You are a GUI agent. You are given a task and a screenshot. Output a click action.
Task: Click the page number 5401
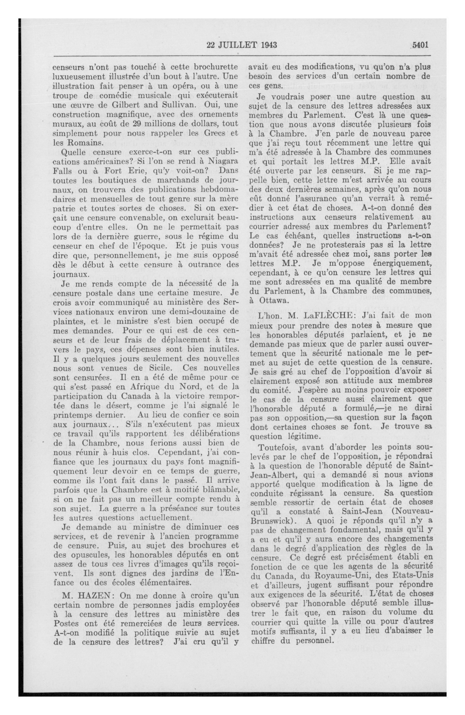(x=420, y=45)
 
